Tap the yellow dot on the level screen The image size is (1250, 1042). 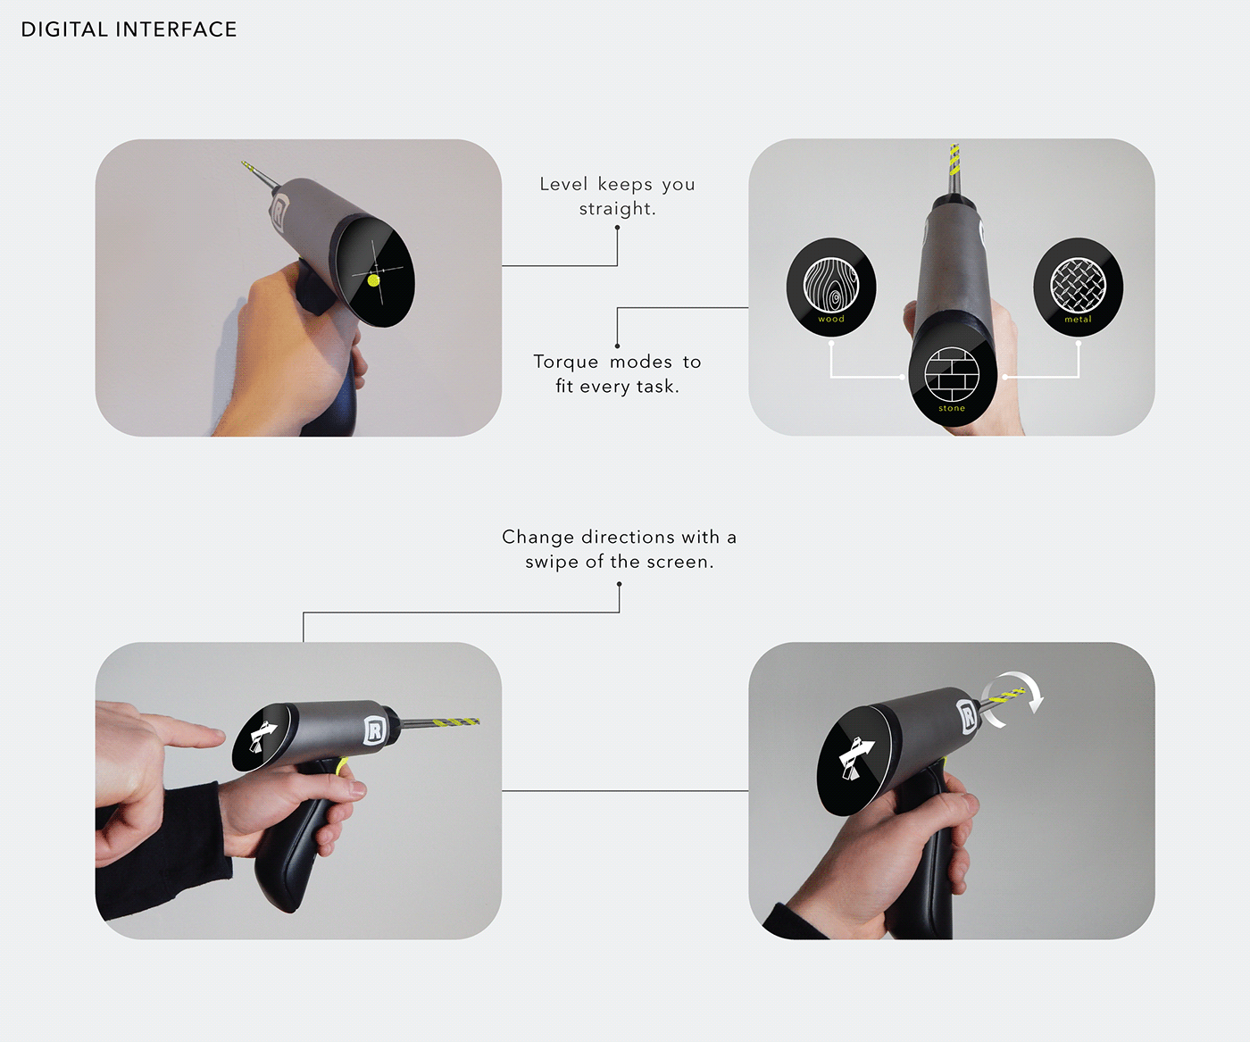click(x=373, y=280)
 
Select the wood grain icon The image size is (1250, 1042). click(x=830, y=284)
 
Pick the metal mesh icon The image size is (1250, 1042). click(x=1078, y=284)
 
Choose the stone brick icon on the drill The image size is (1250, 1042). click(x=952, y=374)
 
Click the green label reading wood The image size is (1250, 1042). click(x=831, y=319)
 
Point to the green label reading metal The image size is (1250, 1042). click(x=1078, y=320)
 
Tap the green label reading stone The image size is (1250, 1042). click(x=952, y=408)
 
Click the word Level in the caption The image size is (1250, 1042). click(x=563, y=184)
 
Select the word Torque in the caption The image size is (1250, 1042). click(x=565, y=362)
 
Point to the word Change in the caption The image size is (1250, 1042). click(x=538, y=537)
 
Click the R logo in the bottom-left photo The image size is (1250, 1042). click(x=373, y=730)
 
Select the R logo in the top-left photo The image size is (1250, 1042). click(x=279, y=212)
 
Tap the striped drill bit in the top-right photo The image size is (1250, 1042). click(x=954, y=161)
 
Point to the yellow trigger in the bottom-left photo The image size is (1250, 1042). click(x=340, y=767)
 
